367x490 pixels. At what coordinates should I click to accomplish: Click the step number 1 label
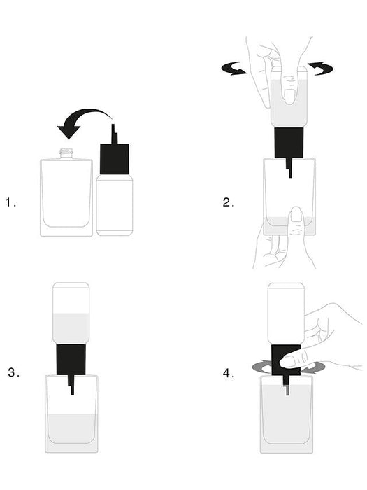10,202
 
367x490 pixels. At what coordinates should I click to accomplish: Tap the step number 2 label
229,202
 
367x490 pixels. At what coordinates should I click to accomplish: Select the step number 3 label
13,372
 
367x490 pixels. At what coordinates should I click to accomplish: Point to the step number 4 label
229,373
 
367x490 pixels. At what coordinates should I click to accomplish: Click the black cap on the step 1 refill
115,159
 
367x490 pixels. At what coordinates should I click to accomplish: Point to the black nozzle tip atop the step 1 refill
114,134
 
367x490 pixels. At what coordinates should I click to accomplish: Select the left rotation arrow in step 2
233,69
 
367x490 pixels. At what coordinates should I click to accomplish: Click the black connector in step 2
289,143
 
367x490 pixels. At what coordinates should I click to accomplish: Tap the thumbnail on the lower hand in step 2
296,214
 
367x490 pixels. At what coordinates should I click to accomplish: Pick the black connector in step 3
71,359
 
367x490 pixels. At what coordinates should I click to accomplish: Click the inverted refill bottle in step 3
71,313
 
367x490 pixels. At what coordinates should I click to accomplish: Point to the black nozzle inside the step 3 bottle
71,385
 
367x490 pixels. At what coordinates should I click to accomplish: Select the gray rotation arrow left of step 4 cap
261,367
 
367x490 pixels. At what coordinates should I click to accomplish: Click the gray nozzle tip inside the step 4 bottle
287,390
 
